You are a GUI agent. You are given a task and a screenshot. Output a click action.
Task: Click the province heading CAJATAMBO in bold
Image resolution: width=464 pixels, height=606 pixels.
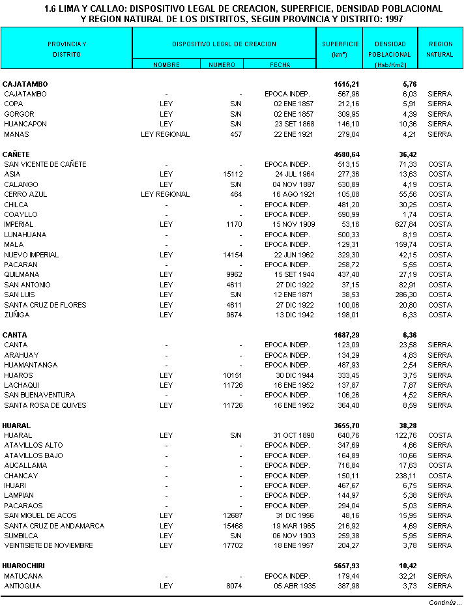click(x=25, y=84)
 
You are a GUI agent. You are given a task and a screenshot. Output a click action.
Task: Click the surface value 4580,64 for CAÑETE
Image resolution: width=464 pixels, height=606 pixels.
click(x=347, y=154)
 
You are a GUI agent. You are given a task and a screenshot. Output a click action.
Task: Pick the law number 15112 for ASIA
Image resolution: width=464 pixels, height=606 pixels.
click(x=232, y=174)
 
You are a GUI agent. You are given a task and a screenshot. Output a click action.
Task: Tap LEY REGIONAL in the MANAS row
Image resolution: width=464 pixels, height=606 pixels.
click(x=165, y=134)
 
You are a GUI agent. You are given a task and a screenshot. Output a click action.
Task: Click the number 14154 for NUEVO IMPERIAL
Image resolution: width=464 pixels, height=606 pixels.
click(x=232, y=255)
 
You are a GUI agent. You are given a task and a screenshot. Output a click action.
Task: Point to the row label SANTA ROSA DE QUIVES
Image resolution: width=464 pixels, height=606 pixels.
click(x=45, y=405)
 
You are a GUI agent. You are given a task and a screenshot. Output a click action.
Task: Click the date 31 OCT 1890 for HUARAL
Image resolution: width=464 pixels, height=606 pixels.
click(x=293, y=435)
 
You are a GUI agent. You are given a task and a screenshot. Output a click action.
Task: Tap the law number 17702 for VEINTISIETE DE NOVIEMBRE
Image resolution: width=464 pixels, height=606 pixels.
click(x=232, y=545)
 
